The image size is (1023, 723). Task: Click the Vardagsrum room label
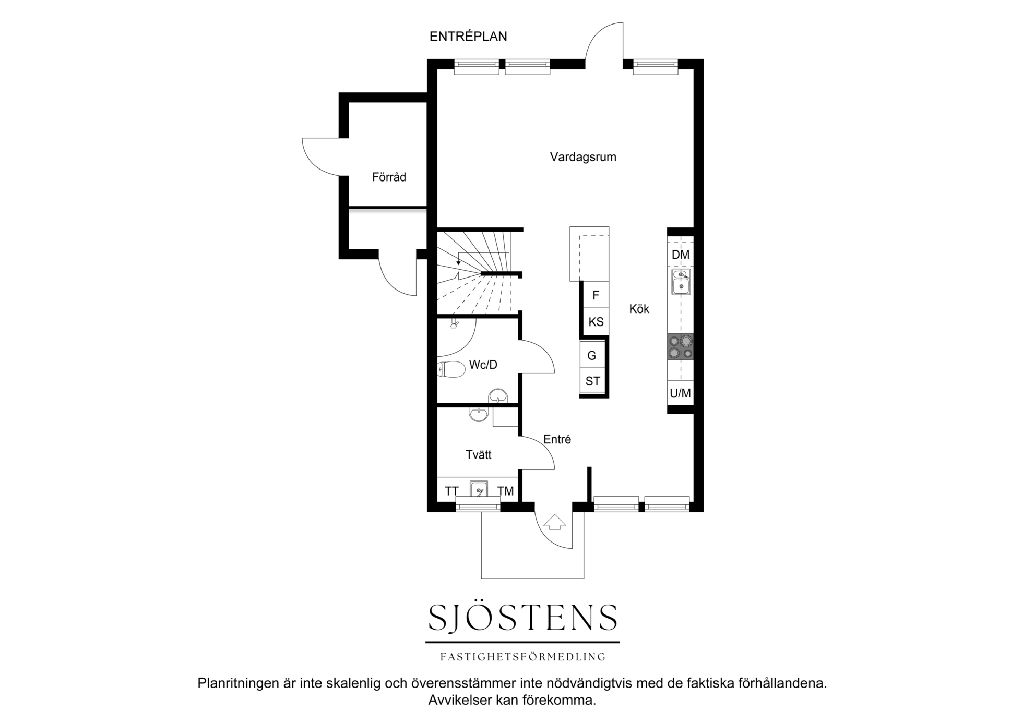tap(583, 157)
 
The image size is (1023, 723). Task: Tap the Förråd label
tap(389, 177)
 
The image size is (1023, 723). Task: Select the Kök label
tap(639, 309)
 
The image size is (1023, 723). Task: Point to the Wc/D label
tap(483, 365)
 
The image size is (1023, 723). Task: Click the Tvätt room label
tap(479, 454)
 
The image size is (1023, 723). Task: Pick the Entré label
tap(557, 439)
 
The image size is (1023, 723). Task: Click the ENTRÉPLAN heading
tap(468, 36)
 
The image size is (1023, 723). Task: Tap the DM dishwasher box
tap(681, 255)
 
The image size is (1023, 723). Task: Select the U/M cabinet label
tap(680, 393)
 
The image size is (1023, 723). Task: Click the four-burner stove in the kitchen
tap(681, 347)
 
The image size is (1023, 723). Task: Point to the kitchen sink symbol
tap(681, 282)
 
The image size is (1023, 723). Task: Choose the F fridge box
tap(596, 295)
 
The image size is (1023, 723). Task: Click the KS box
tap(596, 322)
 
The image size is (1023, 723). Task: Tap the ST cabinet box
tap(592, 381)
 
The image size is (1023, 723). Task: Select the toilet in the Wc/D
tap(451, 369)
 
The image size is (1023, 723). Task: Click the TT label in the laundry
tap(451, 491)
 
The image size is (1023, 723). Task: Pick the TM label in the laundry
tap(505, 491)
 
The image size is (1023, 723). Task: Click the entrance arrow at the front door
tap(554, 522)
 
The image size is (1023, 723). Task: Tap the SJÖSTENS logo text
tap(523, 618)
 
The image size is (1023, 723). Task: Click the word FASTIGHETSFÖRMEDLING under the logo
tap(523, 657)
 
